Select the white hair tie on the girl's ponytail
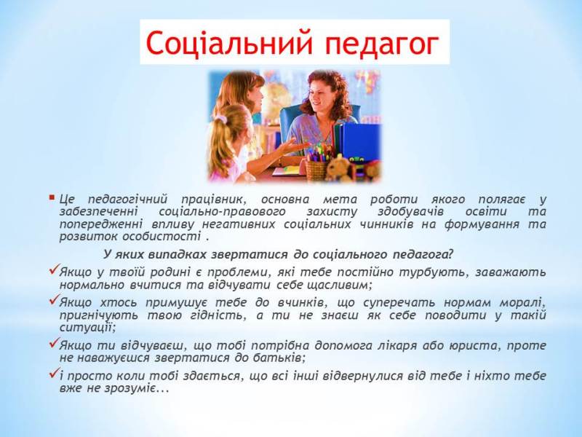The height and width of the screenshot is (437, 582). tap(220, 118)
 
